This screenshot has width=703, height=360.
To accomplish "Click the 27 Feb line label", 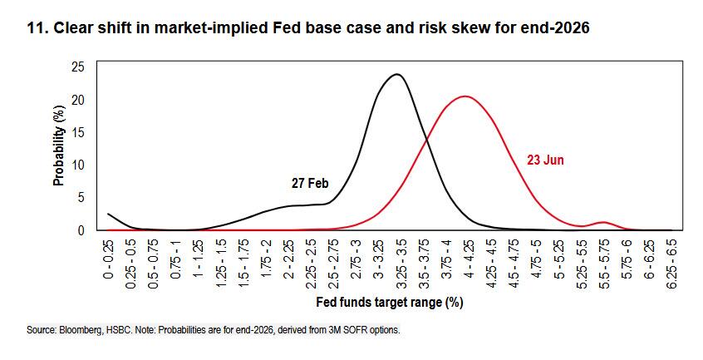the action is [x=310, y=184].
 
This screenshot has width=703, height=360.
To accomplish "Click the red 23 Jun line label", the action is [x=545, y=160].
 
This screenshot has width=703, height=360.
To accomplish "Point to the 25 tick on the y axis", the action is [x=78, y=67].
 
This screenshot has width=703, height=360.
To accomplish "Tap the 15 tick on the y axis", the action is [x=78, y=133].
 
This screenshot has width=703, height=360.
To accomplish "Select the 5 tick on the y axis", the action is [x=81, y=198].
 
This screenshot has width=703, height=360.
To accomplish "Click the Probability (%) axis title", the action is [x=59, y=145].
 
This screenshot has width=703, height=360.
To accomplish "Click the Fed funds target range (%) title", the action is [x=390, y=302].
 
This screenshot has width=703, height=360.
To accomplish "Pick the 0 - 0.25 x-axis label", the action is [x=109, y=259].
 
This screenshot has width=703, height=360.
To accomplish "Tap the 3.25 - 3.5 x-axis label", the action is [x=401, y=264].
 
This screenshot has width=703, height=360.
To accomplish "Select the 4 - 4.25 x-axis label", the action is [x=469, y=259].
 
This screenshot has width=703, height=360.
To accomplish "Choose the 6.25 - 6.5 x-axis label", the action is [x=672, y=264].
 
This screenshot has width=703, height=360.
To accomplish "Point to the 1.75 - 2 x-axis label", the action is [x=266, y=259].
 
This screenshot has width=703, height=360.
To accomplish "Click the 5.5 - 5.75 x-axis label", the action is [x=604, y=264].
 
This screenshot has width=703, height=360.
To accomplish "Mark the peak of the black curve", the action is [x=396, y=75].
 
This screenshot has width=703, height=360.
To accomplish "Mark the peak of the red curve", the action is [x=465, y=96].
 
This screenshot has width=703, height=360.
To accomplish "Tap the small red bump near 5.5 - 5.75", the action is [x=604, y=222].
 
